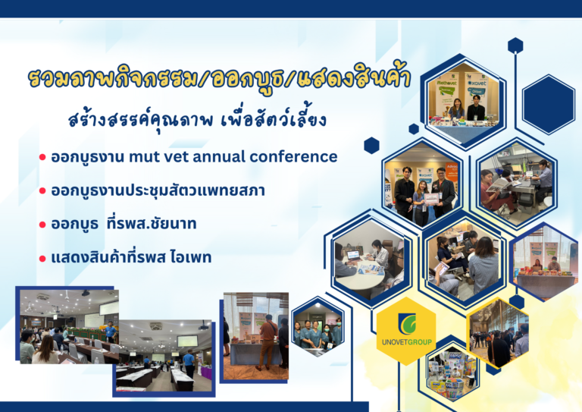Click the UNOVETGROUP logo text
(407, 341)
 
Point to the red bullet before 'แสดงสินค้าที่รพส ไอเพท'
(42, 258)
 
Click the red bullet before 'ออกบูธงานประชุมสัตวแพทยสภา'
(42, 191)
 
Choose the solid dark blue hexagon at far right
(548, 104)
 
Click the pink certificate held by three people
(431, 199)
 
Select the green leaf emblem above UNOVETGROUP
(407, 324)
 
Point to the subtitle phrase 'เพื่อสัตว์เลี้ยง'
(274, 119)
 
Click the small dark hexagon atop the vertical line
(515, 46)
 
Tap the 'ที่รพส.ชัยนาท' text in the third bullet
(152, 224)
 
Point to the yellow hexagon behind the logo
(406, 331)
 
